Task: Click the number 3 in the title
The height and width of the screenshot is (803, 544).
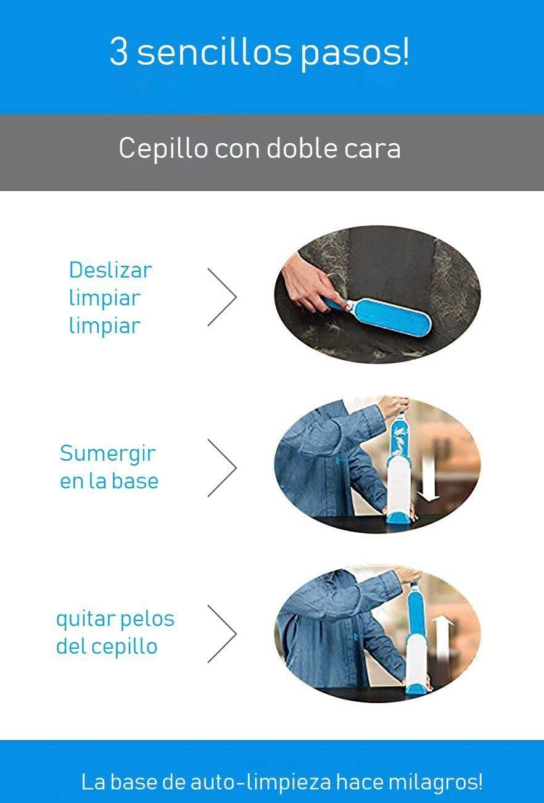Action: click(x=118, y=51)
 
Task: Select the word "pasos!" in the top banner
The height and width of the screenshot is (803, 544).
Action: click(x=354, y=54)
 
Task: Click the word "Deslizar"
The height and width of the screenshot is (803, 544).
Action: click(x=110, y=270)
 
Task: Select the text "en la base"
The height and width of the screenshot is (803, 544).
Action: click(x=109, y=481)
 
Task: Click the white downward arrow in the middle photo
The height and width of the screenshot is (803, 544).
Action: click(x=429, y=479)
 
